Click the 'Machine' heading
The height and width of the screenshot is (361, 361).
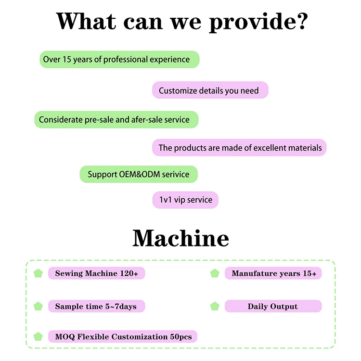[x=180, y=238]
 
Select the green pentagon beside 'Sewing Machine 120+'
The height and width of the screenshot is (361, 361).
[x=38, y=273]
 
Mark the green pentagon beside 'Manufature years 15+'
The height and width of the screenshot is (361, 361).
[x=215, y=273]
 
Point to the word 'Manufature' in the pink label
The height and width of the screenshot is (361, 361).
[x=254, y=273]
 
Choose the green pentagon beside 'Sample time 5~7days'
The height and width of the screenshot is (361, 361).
[x=38, y=306]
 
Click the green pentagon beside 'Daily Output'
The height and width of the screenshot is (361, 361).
[x=215, y=306]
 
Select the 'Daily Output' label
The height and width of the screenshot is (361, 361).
[x=272, y=306]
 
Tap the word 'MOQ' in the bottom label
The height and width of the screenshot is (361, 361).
[x=64, y=337]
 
